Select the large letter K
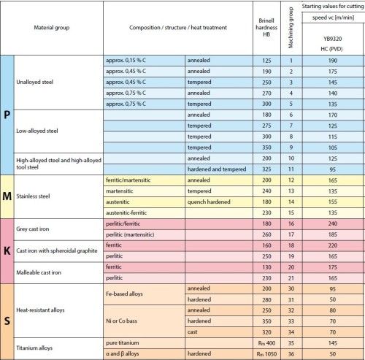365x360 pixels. pos(7,250)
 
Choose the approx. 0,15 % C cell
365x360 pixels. pos(128,59)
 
